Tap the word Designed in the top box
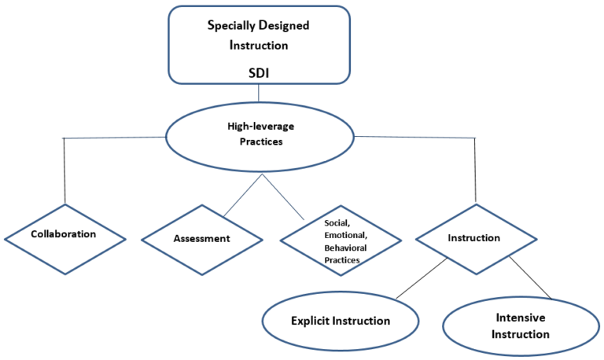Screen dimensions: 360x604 tap(284, 25)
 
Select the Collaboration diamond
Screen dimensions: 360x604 tap(64, 234)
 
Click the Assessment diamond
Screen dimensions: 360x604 tap(202, 239)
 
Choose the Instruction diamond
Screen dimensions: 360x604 tap(476, 237)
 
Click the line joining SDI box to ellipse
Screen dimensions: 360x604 tap(259, 93)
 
